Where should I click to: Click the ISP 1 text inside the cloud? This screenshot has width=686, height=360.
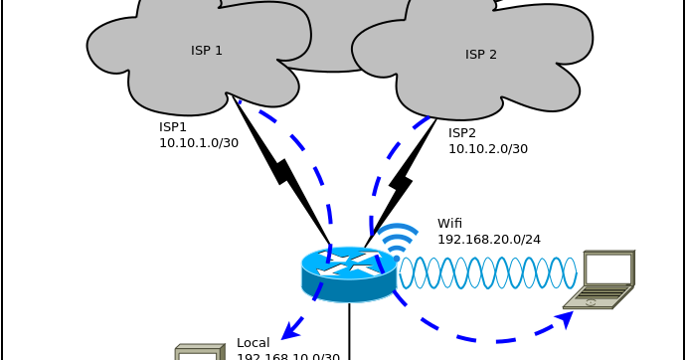207,51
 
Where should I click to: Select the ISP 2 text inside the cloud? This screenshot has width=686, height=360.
481,55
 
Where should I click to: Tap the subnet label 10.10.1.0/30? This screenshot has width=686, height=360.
199,143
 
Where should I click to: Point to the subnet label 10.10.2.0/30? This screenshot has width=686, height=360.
487,149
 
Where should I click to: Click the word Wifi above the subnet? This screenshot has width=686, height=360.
449,224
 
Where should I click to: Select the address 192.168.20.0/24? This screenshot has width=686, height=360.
488,240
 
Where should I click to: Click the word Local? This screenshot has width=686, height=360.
254,343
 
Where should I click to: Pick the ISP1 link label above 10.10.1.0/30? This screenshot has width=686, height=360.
173,127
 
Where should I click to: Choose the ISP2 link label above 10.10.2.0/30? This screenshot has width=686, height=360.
462,133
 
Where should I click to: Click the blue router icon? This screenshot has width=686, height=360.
349,273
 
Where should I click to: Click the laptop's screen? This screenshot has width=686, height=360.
607,269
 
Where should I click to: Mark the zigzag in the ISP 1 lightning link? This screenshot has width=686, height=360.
283,171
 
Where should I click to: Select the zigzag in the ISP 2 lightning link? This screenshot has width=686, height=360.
401,182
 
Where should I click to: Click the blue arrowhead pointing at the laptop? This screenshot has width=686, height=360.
566,318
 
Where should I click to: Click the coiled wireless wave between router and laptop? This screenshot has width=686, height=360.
487,272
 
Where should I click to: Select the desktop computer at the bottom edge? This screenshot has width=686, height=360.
199,352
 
